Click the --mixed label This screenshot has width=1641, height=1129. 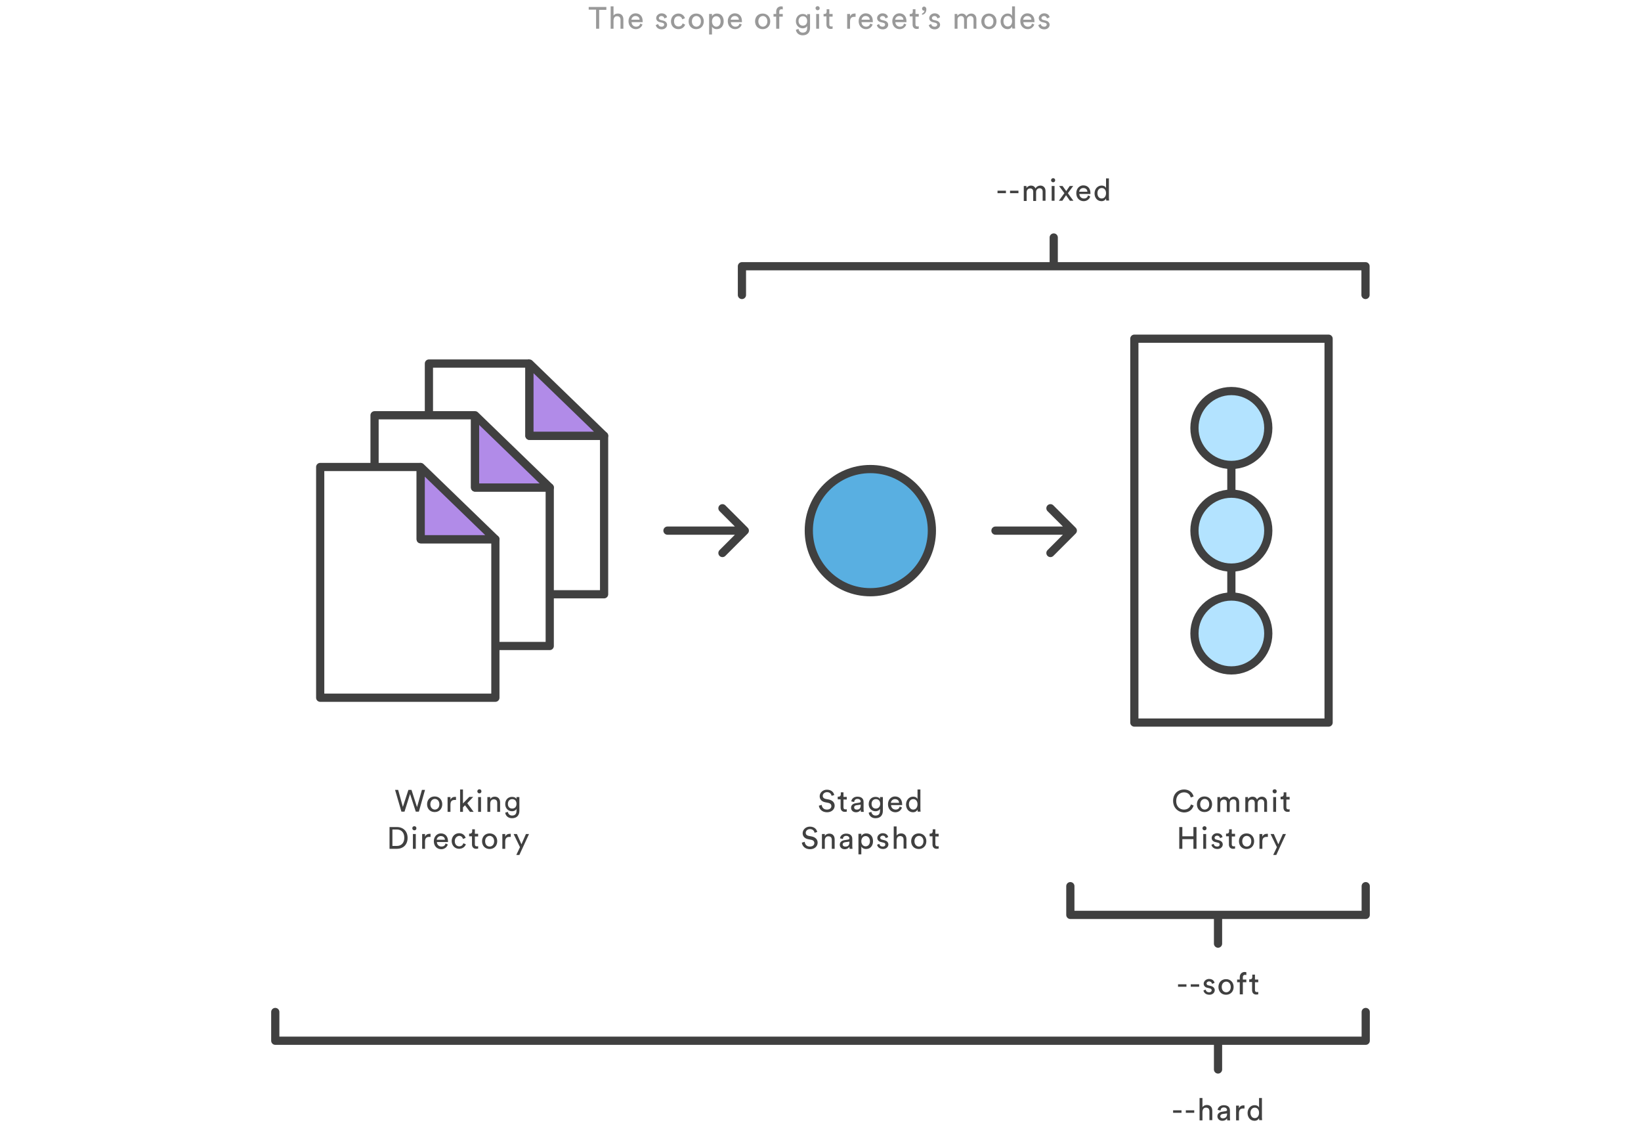click(x=1053, y=191)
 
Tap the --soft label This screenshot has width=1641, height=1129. click(x=1218, y=985)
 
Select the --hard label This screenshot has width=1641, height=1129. click(x=1218, y=1110)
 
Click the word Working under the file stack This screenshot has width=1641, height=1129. click(x=458, y=802)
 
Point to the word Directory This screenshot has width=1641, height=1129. click(x=458, y=839)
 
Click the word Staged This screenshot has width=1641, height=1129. click(x=870, y=802)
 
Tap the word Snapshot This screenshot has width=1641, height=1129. click(x=870, y=839)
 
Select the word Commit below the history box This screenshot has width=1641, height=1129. click(x=1231, y=802)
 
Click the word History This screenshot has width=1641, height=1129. click(x=1231, y=839)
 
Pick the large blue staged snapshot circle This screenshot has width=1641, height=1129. click(x=870, y=530)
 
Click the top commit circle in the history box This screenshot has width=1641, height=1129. click(x=1231, y=428)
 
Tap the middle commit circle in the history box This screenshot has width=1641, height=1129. click(x=1231, y=531)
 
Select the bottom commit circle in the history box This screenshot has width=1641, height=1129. click(x=1231, y=633)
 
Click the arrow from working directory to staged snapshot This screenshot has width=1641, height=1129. click(x=706, y=530)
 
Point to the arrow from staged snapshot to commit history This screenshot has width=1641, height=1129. click(x=1034, y=530)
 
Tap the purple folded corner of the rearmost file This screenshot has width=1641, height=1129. click(x=556, y=407)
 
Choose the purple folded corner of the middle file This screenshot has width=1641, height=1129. click(x=501, y=460)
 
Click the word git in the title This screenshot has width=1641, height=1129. click(x=814, y=19)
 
